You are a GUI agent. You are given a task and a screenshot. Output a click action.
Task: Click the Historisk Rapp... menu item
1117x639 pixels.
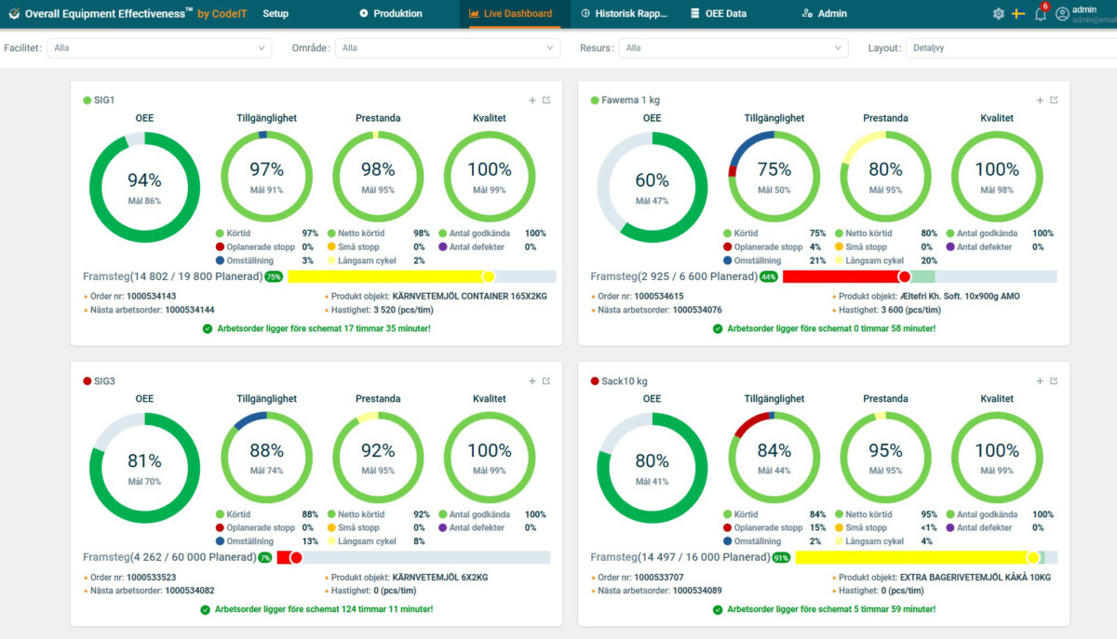click(x=625, y=14)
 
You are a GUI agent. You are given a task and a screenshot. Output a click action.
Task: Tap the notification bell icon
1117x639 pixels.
click(x=1040, y=14)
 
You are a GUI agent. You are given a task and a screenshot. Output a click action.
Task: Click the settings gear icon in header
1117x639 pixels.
click(x=998, y=14)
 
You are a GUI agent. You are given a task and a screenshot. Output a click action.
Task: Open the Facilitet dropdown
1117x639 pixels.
click(x=158, y=47)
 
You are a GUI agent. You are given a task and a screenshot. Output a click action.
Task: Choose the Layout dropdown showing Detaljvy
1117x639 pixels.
click(x=1010, y=47)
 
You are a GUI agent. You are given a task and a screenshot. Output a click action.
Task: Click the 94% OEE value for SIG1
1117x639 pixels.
click(x=144, y=180)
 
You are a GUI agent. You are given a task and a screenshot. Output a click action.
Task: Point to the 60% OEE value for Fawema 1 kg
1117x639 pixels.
click(x=652, y=180)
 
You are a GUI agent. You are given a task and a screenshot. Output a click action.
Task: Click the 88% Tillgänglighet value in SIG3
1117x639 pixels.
click(x=266, y=450)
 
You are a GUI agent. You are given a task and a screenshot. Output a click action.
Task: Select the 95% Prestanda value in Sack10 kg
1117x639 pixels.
click(x=885, y=450)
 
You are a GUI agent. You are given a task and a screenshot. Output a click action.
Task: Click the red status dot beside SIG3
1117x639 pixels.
click(x=87, y=381)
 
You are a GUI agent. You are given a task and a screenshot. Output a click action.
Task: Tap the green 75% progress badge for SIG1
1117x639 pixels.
click(x=274, y=276)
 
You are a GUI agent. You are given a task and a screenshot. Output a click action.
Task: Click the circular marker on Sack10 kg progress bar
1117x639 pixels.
click(x=1032, y=557)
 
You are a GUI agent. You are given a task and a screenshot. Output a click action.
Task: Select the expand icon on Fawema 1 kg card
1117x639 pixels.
click(x=1054, y=100)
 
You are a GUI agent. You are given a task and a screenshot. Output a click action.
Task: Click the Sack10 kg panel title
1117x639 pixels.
click(x=625, y=381)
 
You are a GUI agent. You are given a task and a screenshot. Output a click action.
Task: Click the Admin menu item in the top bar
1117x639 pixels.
click(x=824, y=14)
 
